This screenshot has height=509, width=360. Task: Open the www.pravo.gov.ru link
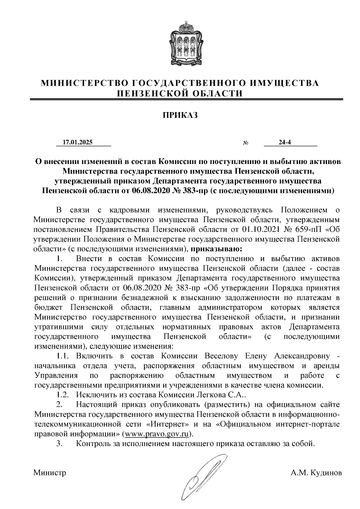(158, 434)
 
